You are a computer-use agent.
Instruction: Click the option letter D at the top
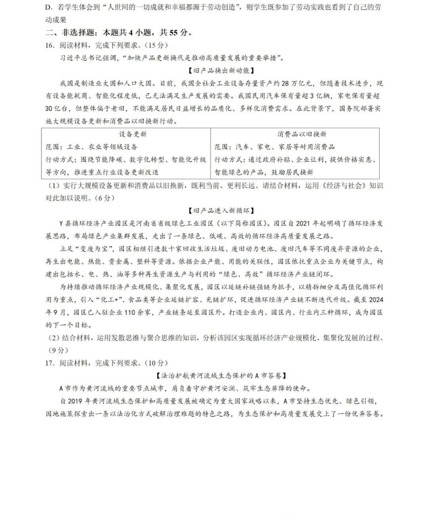coord(48,8)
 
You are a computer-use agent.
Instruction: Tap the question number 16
coord(49,45)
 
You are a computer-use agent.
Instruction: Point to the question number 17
coord(49,363)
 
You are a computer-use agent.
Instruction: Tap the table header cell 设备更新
coord(132,134)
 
